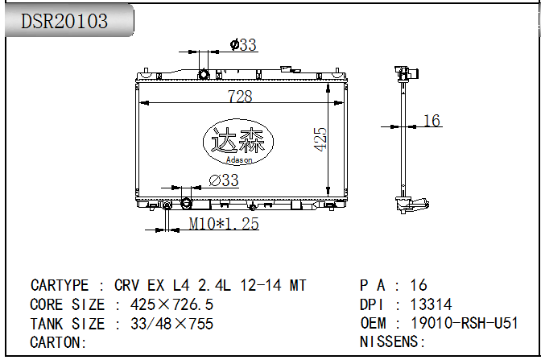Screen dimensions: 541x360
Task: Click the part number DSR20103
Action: (x=64, y=21)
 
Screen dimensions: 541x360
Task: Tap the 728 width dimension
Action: (x=240, y=97)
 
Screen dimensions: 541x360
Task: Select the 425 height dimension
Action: (x=320, y=139)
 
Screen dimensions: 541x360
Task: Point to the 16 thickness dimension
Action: (x=432, y=121)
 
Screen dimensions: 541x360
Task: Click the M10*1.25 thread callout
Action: (x=224, y=224)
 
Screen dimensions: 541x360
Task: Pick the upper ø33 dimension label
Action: (x=243, y=45)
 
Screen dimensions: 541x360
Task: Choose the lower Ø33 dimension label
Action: (x=224, y=180)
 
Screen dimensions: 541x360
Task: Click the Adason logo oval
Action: (x=238, y=142)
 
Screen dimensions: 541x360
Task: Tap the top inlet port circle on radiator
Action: (x=204, y=74)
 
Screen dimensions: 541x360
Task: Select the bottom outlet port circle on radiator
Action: (x=186, y=203)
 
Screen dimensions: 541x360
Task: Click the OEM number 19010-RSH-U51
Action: (x=465, y=324)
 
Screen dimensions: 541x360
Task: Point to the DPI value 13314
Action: (x=431, y=304)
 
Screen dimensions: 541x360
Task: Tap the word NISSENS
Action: (x=389, y=342)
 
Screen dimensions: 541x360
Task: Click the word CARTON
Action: (x=55, y=343)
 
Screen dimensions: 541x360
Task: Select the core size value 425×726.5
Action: (x=171, y=304)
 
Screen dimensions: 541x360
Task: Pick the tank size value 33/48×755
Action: (x=171, y=324)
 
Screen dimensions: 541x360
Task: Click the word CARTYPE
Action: (x=60, y=285)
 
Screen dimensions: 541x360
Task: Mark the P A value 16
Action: (x=419, y=285)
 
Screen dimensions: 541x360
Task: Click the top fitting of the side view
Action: (x=407, y=73)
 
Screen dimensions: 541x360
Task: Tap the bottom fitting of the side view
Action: (x=411, y=205)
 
